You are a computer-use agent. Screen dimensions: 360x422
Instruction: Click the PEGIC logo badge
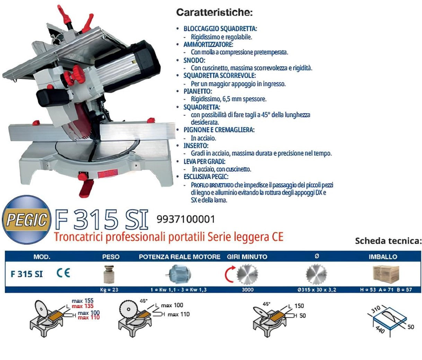pyautogui.click(x=26, y=220)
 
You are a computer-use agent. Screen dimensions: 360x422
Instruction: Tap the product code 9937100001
pyautogui.click(x=186, y=219)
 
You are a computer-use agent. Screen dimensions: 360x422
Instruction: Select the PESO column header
pyautogui.click(x=111, y=257)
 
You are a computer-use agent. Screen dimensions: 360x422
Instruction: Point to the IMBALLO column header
pyautogui.click(x=383, y=257)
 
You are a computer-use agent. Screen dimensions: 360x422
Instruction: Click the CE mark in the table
pyautogui.click(x=63, y=273)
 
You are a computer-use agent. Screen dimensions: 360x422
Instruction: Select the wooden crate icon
pyautogui.click(x=386, y=274)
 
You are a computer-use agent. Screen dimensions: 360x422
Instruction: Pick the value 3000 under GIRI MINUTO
pyautogui.click(x=247, y=289)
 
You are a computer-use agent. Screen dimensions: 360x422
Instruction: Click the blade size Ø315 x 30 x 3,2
pyautogui.click(x=316, y=289)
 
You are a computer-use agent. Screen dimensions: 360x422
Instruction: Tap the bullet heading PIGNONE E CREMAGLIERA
pyautogui.click(x=219, y=130)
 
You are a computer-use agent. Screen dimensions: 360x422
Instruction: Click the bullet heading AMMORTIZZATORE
pyautogui.click(x=208, y=45)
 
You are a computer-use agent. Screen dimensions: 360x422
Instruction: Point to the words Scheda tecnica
pyautogui.click(x=388, y=241)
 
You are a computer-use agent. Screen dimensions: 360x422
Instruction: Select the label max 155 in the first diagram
pyautogui.click(x=82, y=301)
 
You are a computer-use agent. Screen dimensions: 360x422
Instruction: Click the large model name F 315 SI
pyautogui.click(x=102, y=219)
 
